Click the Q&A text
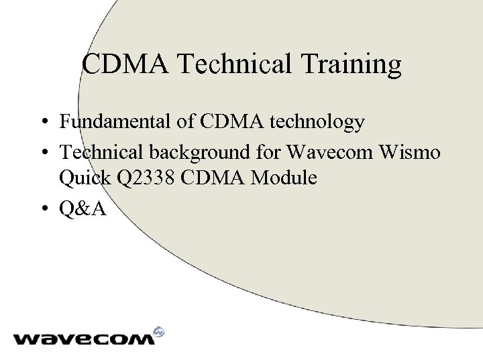82,209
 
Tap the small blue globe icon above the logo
159,331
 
